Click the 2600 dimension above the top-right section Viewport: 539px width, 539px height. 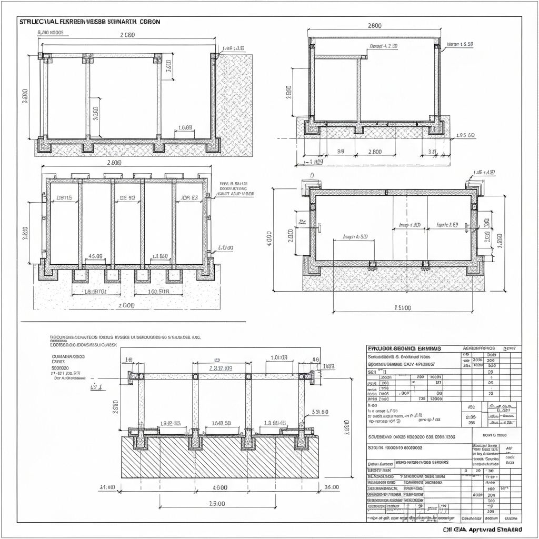coord(374,25)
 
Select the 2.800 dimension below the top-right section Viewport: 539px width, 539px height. coord(374,152)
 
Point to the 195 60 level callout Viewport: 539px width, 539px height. coord(465,135)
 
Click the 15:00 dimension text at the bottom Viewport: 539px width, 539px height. coord(217,504)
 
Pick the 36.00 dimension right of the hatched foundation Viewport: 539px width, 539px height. coord(332,487)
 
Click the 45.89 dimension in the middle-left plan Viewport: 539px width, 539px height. coord(95,256)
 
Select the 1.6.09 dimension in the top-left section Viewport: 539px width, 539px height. coord(185,127)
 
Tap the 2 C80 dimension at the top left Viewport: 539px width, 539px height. coord(127,35)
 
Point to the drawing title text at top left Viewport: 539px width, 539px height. coord(89,22)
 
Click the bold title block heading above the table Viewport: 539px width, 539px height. coord(404,348)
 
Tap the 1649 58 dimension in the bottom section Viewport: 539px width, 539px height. coord(221,423)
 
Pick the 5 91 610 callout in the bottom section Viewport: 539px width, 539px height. coord(320,412)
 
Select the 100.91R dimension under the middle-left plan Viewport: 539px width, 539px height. coord(158,291)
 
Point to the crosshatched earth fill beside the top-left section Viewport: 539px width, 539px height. coord(235,105)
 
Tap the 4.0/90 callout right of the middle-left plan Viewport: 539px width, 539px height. coord(225,247)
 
